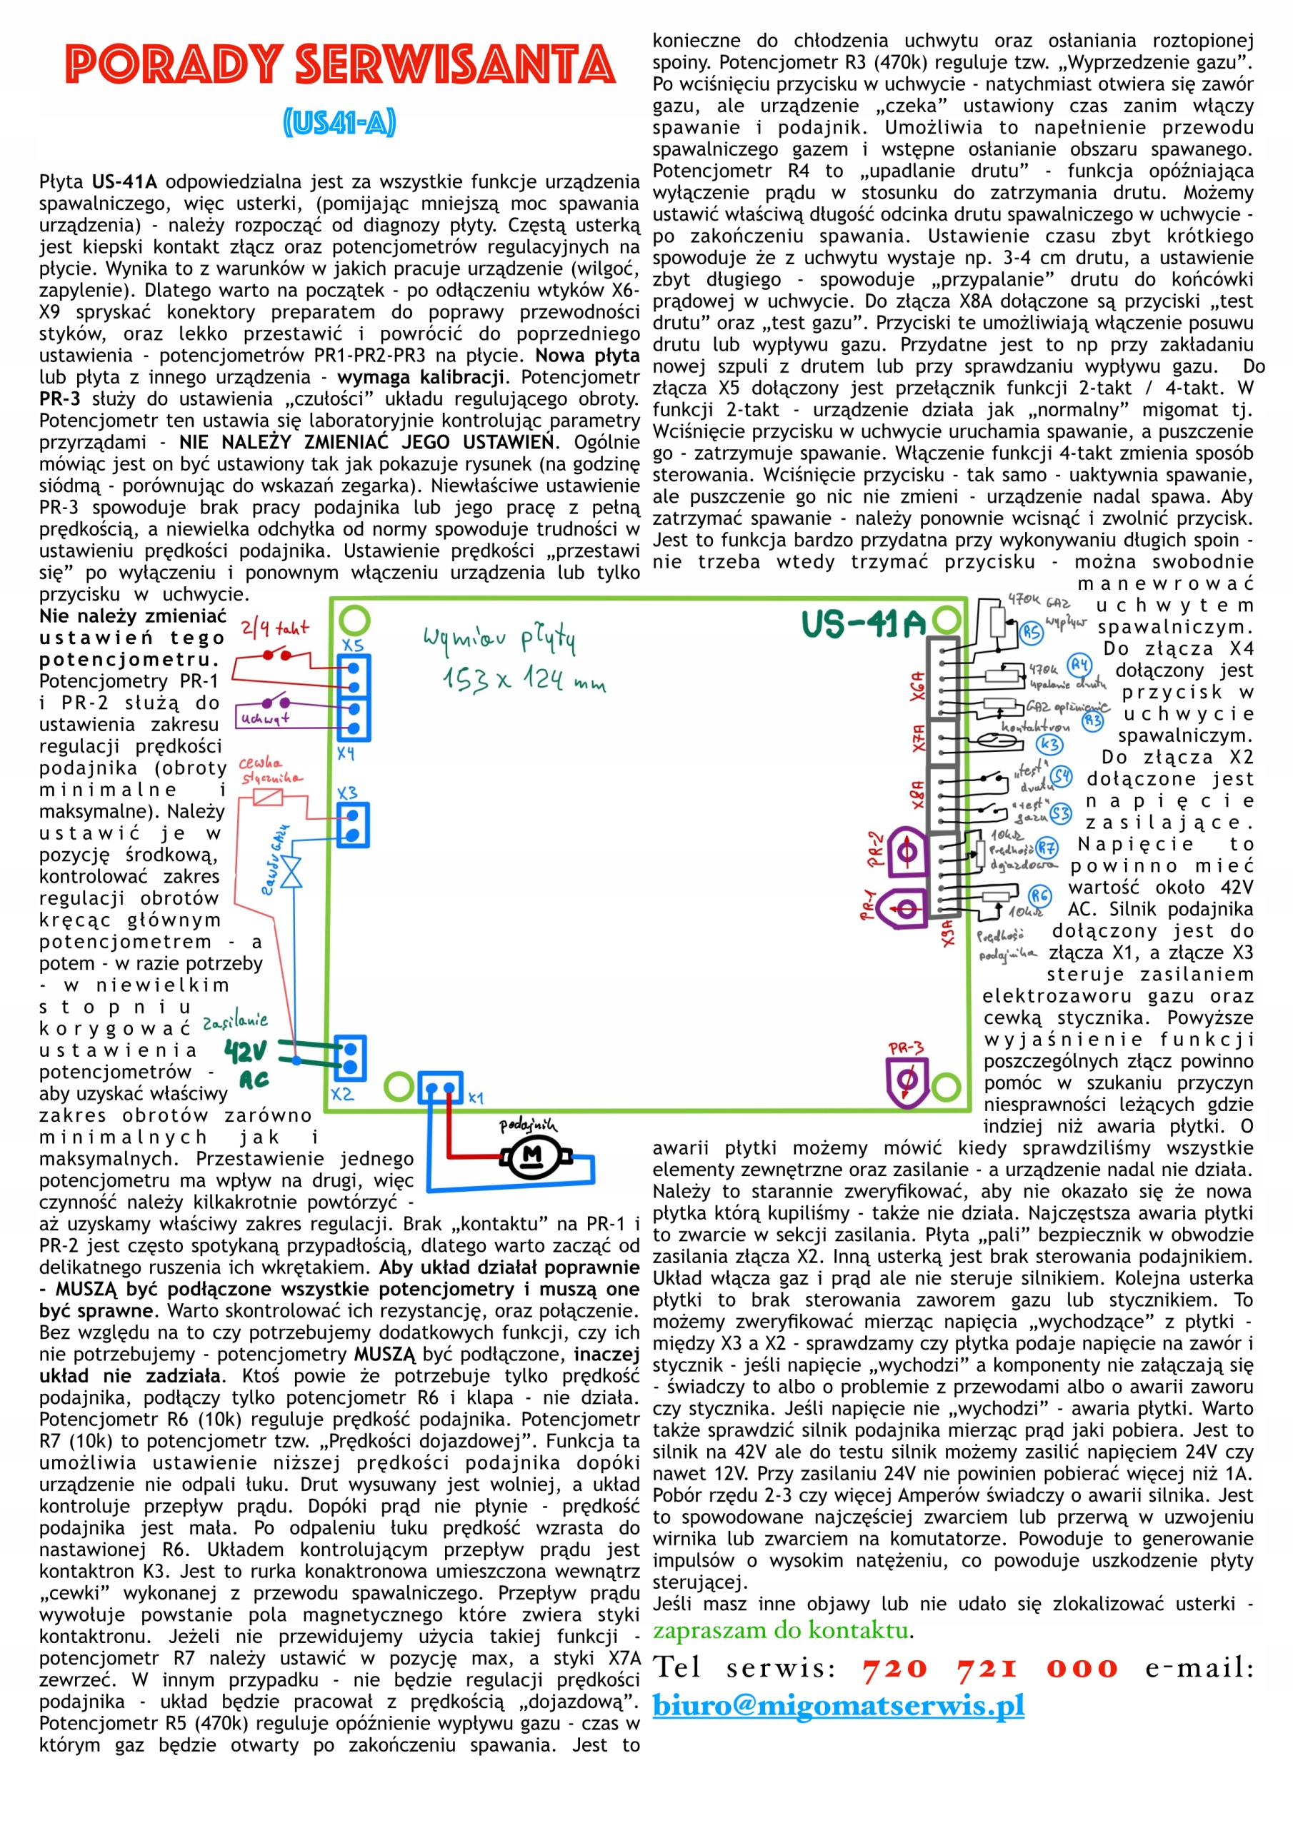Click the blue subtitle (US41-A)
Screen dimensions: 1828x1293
[339, 123]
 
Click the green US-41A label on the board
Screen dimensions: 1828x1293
[864, 624]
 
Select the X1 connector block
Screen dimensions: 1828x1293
[440, 1088]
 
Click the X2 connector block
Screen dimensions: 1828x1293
[350, 1058]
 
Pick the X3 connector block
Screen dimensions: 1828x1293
[351, 825]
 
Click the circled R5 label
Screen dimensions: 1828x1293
[1032, 632]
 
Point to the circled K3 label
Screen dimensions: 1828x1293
[1049, 745]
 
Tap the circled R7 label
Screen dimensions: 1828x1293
[1046, 848]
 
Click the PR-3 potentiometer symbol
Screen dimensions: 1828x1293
[907, 1080]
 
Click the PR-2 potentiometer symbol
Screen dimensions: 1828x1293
[907, 853]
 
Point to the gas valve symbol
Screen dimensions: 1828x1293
[291, 873]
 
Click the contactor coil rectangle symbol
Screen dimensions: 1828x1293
[268, 796]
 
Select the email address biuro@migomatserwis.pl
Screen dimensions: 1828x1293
[838, 1705]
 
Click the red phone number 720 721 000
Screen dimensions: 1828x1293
[990, 1668]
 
